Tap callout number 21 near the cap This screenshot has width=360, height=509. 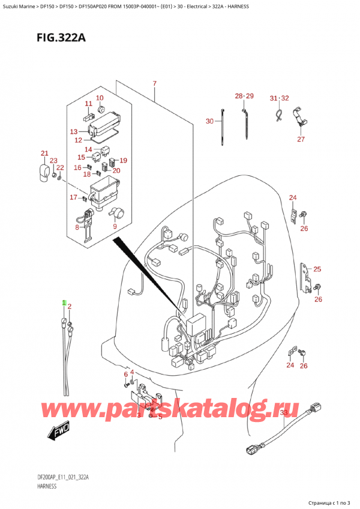tap(44, 153)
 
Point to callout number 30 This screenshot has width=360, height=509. tap(209, 121)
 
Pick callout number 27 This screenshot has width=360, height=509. tap(301, 139)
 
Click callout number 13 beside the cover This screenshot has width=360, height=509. tap(74, 131)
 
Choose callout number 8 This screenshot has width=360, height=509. tap(77, 227)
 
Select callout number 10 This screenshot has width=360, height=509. tap(100, 98)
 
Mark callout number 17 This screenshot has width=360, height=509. tap(73, 197)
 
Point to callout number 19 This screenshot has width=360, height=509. tap(123, 160)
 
